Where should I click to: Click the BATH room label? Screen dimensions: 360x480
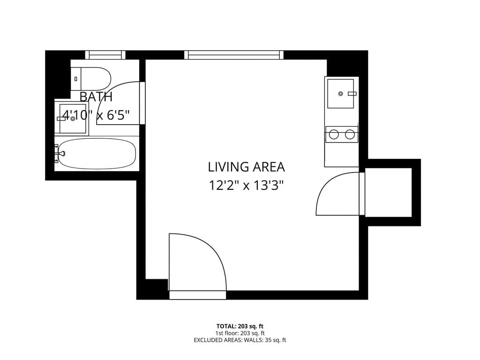point(96,97)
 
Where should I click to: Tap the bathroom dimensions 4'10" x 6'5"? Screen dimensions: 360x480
point(96,115)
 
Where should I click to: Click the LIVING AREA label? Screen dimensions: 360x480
point(246,167)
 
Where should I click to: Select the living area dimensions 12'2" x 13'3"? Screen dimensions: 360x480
point(246,186)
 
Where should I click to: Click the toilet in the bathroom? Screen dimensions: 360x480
point(91,79)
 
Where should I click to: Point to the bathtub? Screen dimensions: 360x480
point(97,154)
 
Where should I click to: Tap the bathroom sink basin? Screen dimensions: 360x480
point(73,119)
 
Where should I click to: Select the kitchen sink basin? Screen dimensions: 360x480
point(340,94)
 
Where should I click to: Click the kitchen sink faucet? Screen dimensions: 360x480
point(352,94)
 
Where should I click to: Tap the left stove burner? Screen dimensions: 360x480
point(334,135)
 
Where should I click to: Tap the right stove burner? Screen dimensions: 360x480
point(350,135)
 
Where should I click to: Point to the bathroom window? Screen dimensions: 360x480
point(105,55)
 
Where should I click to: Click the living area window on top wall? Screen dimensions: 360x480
point(234,55)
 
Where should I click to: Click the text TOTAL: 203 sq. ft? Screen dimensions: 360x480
point(240,326)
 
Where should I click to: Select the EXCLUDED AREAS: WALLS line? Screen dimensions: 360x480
point(240,340)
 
